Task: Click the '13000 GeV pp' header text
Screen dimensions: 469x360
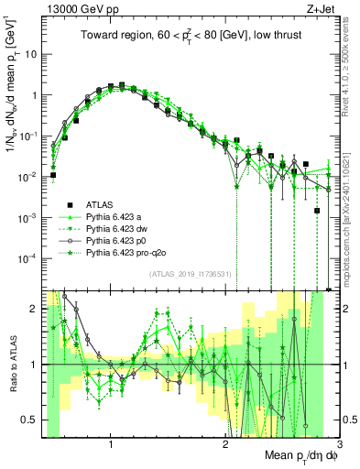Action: [x=77, y=8]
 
